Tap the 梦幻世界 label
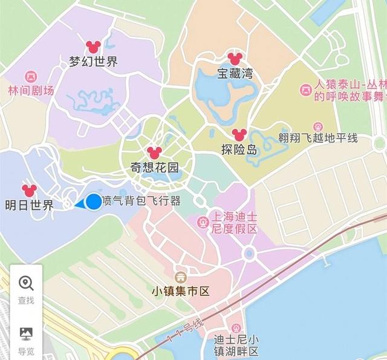(93, 61)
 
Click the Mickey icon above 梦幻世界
(93, 46)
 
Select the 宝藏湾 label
(235, 74)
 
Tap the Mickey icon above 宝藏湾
(235, 59)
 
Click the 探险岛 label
(239, 149)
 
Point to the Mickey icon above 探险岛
(239, 134)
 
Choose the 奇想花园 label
(155, 167)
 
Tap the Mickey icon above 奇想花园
(154, 151)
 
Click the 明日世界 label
(28, 205)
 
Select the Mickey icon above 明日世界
(29, 190)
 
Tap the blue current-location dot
(94, 201)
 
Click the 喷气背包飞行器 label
(141, 201)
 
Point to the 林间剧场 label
(30, 91)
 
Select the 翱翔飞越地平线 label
(318, 138)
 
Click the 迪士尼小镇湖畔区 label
(236, 345)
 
